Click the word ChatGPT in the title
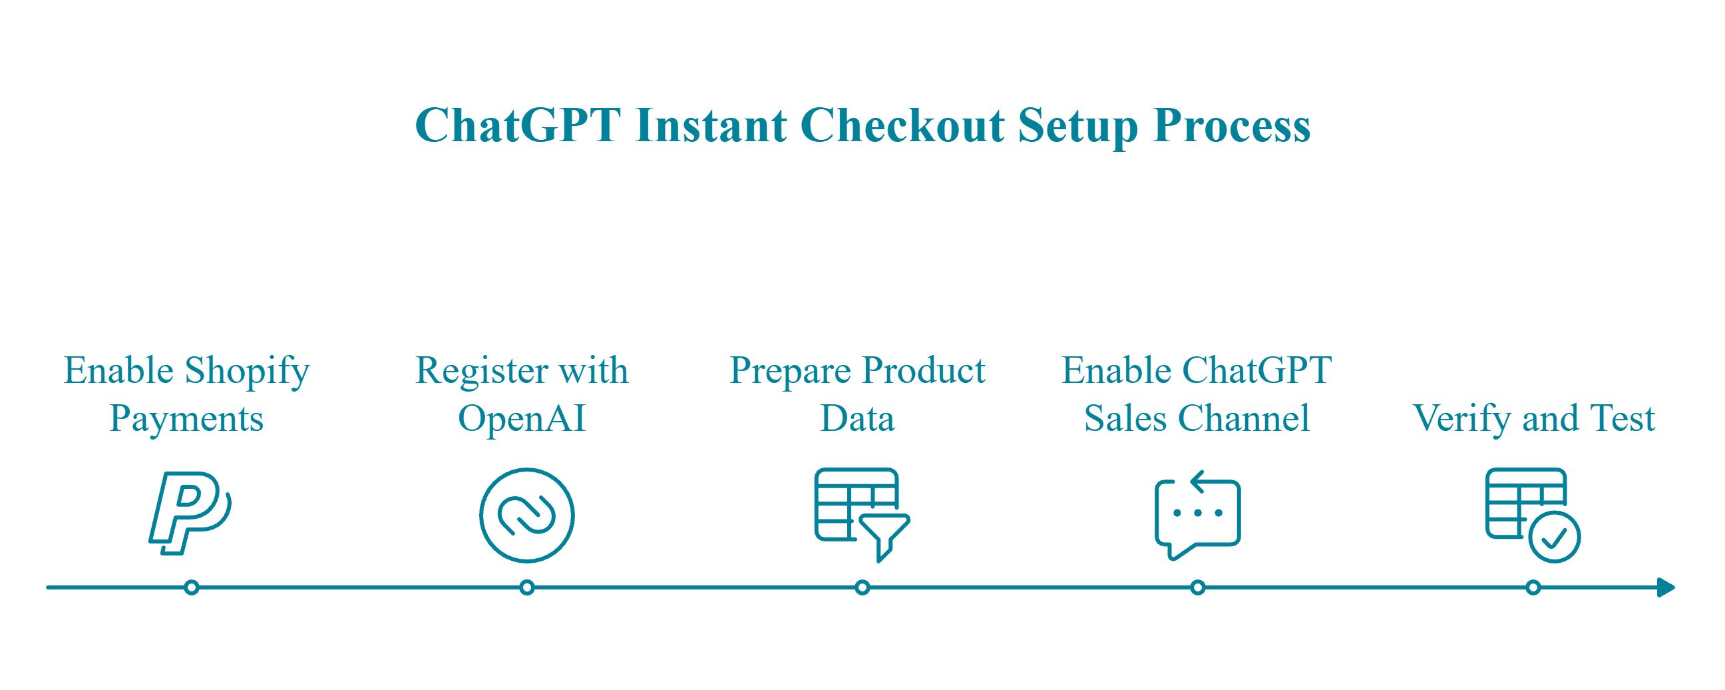518,125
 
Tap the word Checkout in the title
901,125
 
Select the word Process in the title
1231,125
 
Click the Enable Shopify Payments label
187,394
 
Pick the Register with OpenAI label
522,394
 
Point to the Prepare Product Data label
857,394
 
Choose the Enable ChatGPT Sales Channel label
1197,394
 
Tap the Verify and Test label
1533,418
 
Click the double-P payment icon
190,513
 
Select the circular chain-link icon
527,514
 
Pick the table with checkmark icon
1532,514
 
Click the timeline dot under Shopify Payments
192,587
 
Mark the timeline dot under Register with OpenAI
527,587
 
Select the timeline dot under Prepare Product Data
862,587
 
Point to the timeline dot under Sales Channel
1198,587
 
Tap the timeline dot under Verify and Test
1533,587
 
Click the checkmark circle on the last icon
1554,537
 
